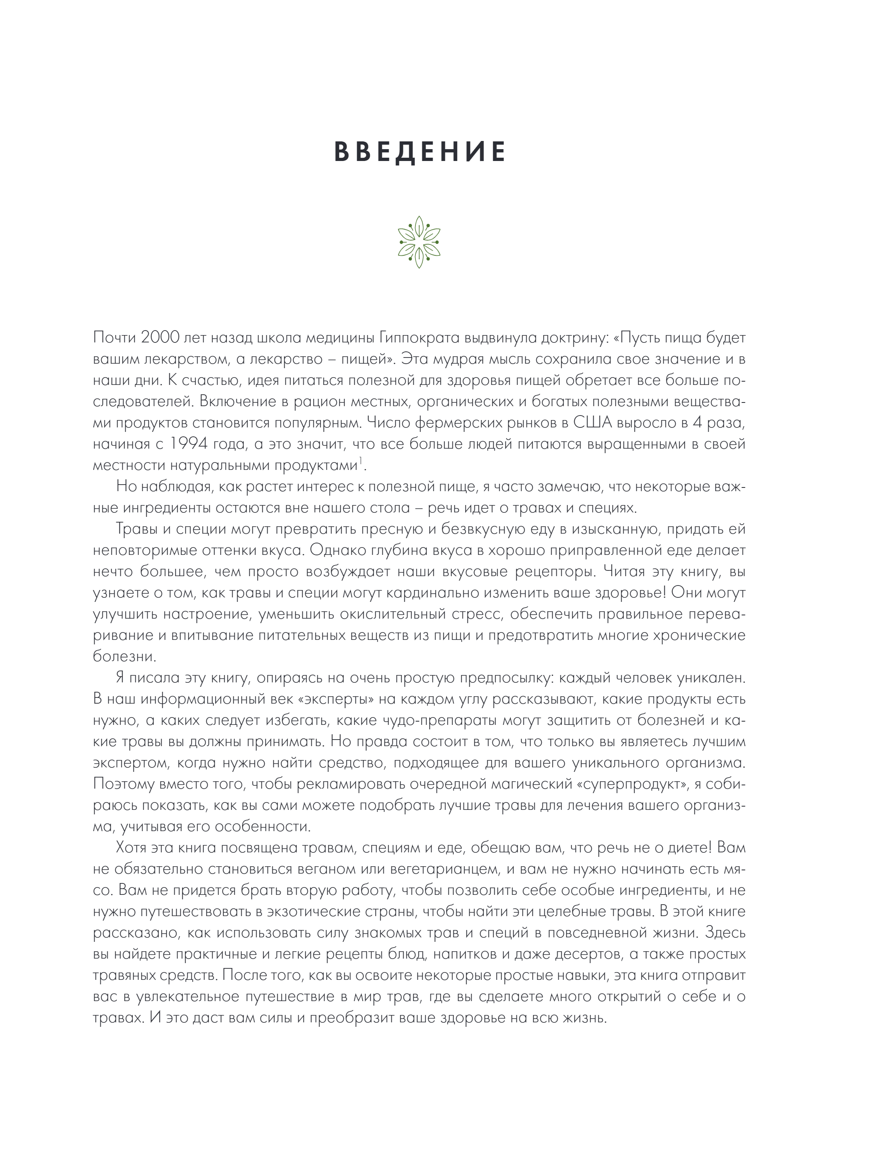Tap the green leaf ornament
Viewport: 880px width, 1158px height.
pyautogui.click(x=419, y=242)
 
